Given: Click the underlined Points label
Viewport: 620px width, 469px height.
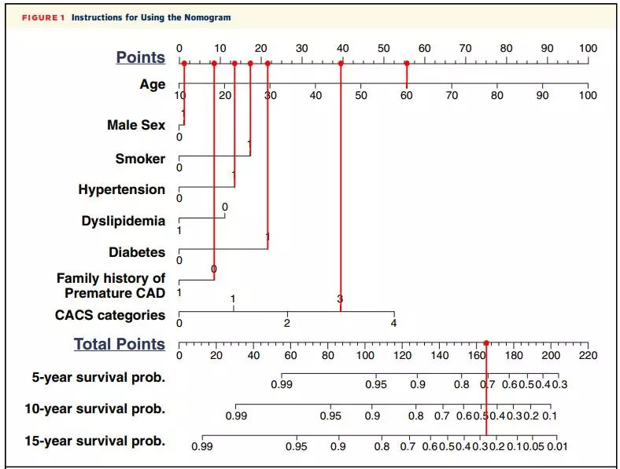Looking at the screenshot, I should [141, 57].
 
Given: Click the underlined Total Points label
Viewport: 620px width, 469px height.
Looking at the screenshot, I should [120, 344].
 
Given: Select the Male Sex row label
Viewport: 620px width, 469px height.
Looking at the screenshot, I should [136, 124].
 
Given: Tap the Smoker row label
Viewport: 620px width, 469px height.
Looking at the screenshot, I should [140, 159].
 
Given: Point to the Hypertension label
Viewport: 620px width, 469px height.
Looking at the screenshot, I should [121, 189].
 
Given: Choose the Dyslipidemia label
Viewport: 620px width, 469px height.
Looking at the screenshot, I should [123, 221].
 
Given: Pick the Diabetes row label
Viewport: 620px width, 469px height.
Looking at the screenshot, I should [137, 252].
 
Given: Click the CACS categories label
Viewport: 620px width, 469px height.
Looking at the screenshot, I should [109, 315].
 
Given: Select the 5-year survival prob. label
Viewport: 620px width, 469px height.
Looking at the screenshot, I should [98, 377].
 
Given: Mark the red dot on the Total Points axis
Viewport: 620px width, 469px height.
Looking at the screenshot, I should [486, 343].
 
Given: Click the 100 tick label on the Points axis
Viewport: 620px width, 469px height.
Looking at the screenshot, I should [588, 48].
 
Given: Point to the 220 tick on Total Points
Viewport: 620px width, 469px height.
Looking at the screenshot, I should [588, 355].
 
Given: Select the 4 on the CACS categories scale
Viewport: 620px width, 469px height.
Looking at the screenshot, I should [394, 323].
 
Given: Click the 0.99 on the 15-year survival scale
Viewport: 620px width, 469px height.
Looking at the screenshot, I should [202, 447].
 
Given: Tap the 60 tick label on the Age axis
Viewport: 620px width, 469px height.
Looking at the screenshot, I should [407, 95].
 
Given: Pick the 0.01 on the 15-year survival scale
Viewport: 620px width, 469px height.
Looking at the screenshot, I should [557, 447].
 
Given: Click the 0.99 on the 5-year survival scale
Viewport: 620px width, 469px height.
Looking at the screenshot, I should [281, 384].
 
